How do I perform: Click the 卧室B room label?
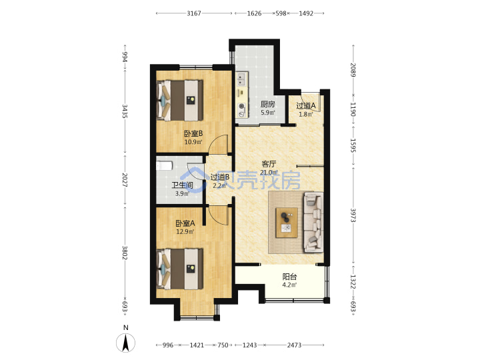193,134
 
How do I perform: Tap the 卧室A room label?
185,223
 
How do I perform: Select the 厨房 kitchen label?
267,105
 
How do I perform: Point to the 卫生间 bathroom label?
182,185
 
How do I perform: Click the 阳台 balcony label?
289,277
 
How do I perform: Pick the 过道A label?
306,106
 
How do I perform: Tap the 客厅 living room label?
269,164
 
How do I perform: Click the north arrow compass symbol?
125,343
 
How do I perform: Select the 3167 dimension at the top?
194,13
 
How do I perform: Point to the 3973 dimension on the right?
353,216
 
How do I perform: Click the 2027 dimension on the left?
125,180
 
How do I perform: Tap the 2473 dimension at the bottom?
294,345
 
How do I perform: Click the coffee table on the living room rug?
287,223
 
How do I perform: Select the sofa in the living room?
313,223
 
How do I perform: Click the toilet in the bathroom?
164,165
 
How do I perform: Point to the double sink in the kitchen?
241,79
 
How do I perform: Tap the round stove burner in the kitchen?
242,107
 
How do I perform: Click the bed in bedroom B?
180,100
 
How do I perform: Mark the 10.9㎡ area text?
193,142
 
